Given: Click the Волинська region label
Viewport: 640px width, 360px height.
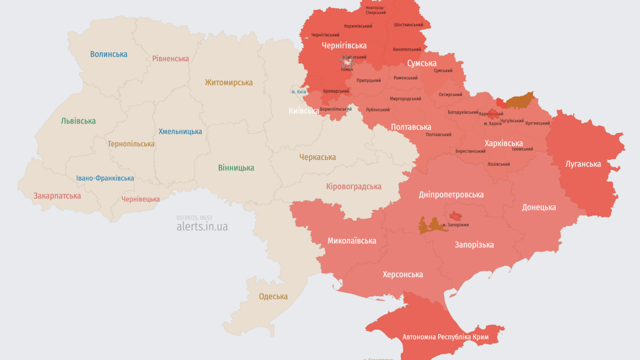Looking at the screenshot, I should pos(108,54).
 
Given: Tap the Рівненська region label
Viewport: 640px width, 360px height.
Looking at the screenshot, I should pos(170,58).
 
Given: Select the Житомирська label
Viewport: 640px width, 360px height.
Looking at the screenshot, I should pos(228,82).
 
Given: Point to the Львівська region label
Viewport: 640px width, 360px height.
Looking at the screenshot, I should pos(78,121).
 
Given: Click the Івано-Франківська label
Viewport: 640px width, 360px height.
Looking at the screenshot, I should pos(105,178).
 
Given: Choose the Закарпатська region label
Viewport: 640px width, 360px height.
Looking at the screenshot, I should pos(57,196).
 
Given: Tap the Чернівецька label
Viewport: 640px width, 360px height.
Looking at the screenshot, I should pos(140,199).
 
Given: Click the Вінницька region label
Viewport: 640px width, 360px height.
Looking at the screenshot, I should pos(236,168).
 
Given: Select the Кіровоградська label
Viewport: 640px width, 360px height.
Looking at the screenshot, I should pos(353,186).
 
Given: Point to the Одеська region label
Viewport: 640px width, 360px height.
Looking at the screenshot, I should pos(273,296).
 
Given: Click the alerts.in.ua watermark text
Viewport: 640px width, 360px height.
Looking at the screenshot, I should pos(202,226).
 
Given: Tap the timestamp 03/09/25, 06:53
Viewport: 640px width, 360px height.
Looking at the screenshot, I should pos(194,217).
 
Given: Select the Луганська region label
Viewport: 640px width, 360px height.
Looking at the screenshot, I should pos(583,163).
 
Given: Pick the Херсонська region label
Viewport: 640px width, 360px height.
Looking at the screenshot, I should pos(402,274).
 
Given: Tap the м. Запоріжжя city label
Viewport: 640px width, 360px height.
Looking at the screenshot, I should pos(455,225).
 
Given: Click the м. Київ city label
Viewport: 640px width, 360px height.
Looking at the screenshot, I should pos(298,92).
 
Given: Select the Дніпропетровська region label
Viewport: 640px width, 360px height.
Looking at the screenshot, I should pos(451,194).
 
